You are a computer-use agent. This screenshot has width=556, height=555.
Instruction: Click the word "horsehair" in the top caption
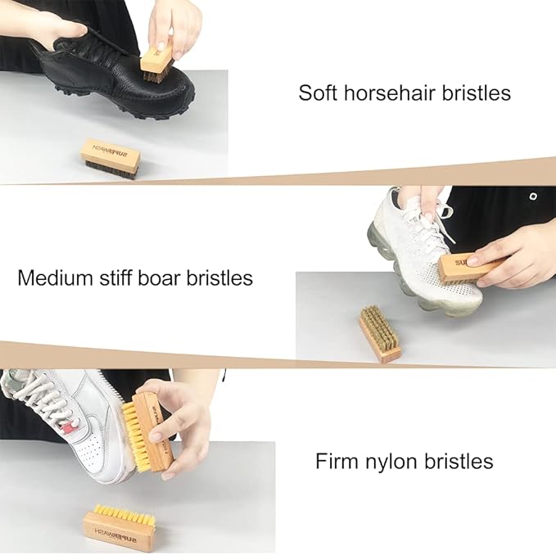coord(386,92)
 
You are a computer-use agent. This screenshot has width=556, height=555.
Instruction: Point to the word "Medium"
coord(52,277)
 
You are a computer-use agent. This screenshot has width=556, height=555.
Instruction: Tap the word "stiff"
coord(112,277)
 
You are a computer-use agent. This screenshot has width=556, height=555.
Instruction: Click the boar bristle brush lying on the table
coord(379,334)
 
